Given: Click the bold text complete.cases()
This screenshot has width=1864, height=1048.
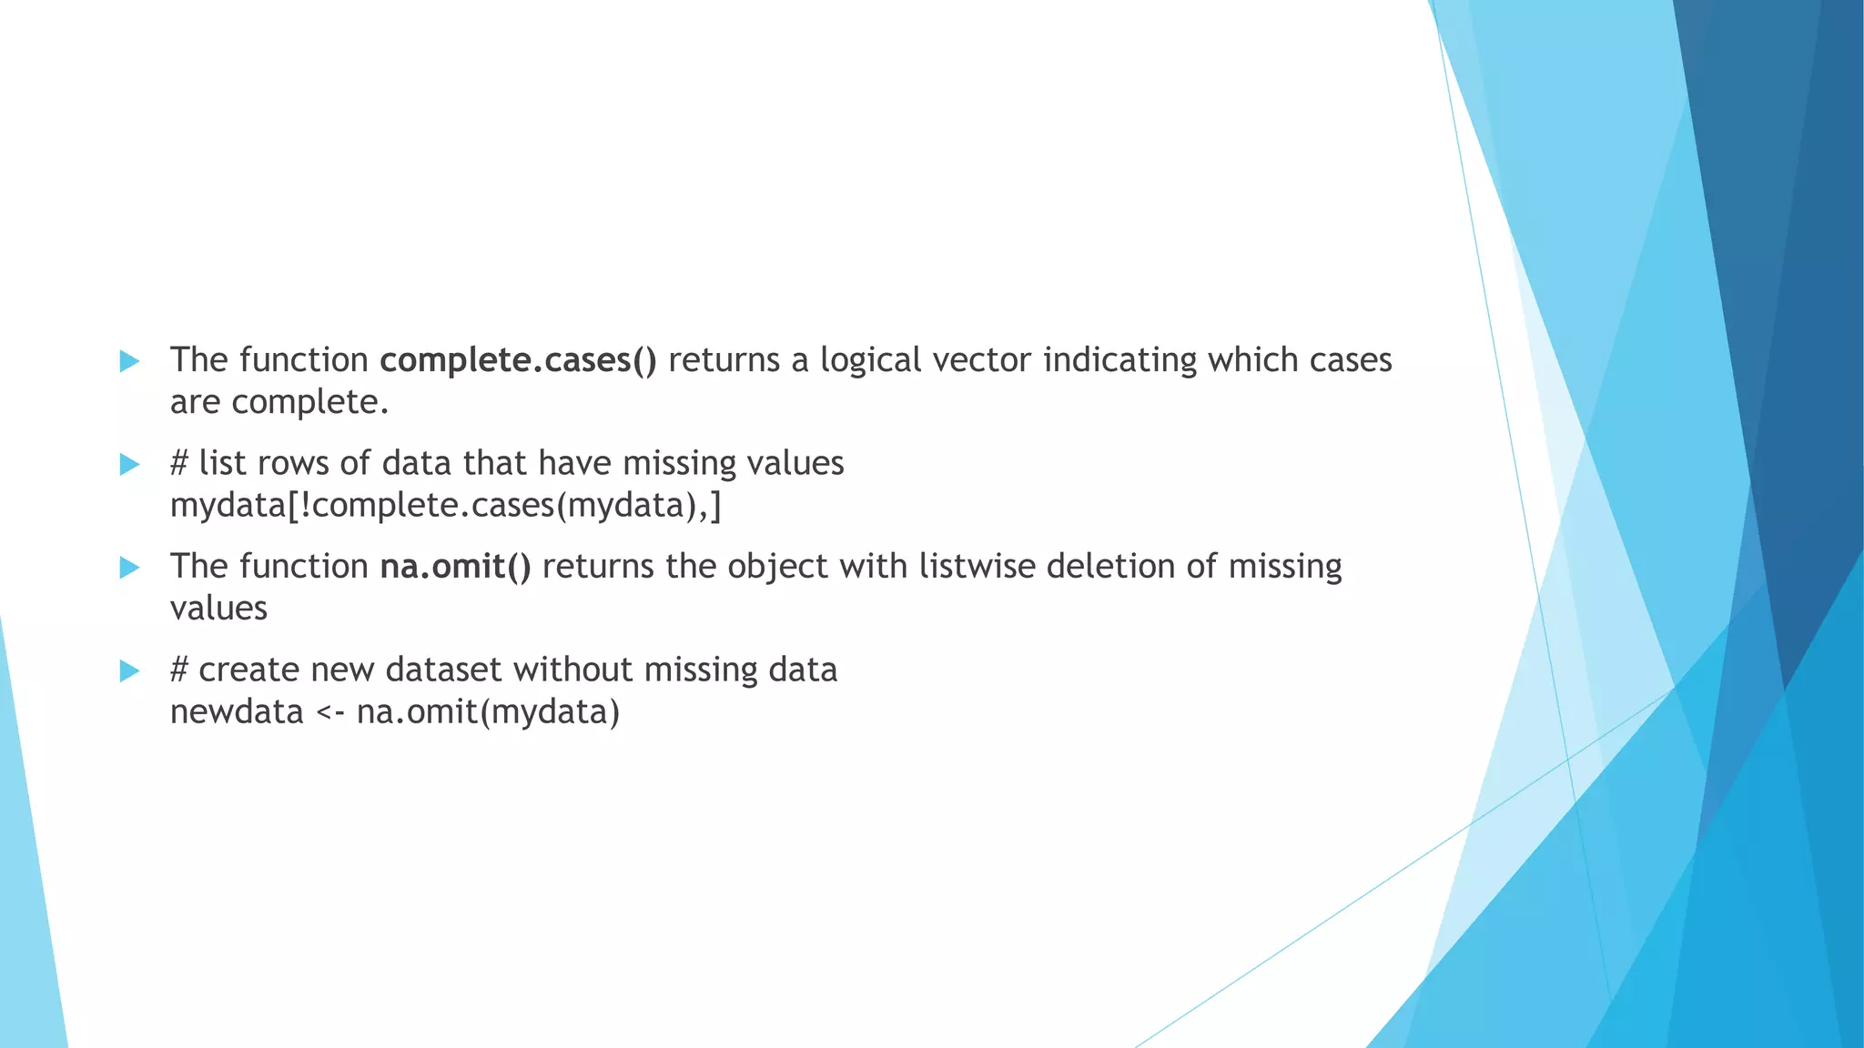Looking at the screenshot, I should pyautogui.click(x=517, y=361).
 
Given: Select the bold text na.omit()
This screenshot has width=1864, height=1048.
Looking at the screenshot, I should pyautogui.click(x=455, y=568).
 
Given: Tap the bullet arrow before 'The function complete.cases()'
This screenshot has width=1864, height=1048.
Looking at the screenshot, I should pyautogui.click(x=130, y=361).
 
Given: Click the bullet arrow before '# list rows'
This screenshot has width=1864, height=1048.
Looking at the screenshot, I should pyautogui.click(x=130, y=465).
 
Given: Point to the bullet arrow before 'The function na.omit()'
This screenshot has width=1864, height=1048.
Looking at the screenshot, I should pyautogui.click(x=130, y=568).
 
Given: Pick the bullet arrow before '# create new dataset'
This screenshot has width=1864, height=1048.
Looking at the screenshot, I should pyautogui.click(x=130, y=671).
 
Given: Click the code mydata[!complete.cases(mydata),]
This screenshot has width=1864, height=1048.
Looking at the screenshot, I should pyautogui.click(x=446, y=506).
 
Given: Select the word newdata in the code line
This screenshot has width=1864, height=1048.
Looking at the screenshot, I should pyautogui.click(x=237, y=712).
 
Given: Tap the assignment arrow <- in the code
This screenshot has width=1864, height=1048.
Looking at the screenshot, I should pyautogui.click(x=329, y=712).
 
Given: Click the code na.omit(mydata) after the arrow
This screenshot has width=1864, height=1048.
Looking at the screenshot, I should pyautogui.click(x=488, y=712).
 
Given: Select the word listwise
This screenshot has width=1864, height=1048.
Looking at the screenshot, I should pyautogui.click(x=977, y=568).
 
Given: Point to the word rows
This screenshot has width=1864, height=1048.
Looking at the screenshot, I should pyautogui.click(x=293, y=464).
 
